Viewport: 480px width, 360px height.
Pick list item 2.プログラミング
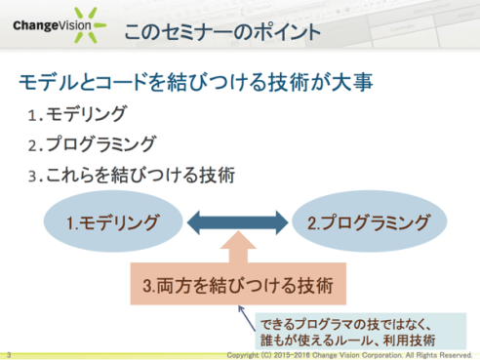click(x=92, y=144)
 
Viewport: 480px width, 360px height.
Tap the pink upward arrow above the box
click(x=238, y=249)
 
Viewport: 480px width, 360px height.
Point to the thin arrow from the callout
click(x=247, y=314)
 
